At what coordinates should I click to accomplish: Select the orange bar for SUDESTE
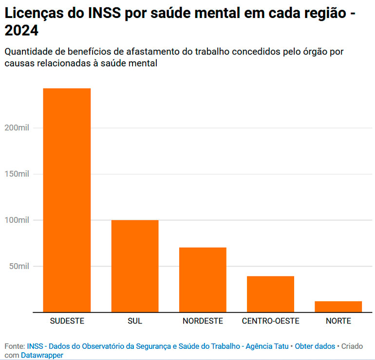(67, 200)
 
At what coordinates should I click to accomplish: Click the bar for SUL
(135, 266)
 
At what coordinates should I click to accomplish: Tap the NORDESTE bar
(203, 280)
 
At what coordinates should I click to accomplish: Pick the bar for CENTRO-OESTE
(270, 294)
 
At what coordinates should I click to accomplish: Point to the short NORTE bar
(338, 306)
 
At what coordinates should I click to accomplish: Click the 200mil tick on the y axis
(17, 128)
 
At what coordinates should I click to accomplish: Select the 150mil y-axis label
(17, 174)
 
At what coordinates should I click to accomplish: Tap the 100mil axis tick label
(17, 220)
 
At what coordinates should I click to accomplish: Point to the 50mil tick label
(19, 267)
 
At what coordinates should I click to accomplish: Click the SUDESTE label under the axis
(67, 321)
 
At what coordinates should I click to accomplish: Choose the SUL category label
(135, 321)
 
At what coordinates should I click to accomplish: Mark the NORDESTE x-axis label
(203, 321)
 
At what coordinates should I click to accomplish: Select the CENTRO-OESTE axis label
(270, 321)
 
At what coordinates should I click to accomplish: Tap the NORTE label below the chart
(338, 321)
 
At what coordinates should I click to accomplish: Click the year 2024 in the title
(21, 31)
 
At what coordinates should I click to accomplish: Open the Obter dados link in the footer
(315, 346)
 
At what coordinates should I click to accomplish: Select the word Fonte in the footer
(14, 346)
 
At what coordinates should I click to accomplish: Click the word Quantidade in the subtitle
(27, 52)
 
